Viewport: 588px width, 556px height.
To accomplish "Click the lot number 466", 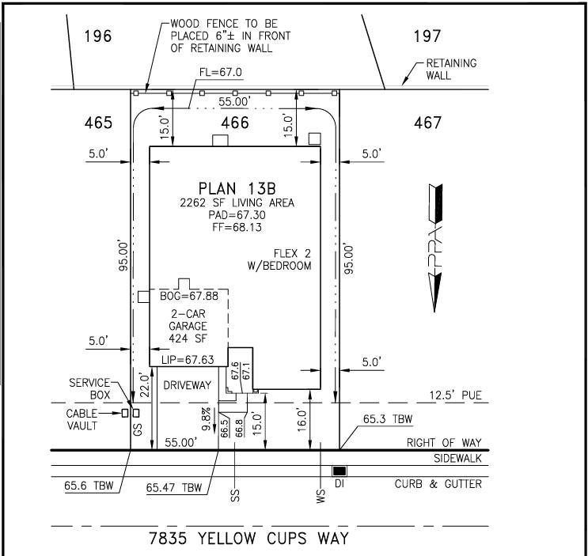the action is coord(235,123).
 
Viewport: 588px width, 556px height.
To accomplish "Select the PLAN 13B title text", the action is coord(237,188).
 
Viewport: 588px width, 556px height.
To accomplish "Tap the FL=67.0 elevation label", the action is coord(221,72).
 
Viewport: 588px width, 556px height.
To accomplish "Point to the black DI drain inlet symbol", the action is coord(340,471).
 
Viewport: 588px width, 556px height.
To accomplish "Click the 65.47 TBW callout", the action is coord(174,487).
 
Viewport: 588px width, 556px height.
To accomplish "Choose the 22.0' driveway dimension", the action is coord(145,385).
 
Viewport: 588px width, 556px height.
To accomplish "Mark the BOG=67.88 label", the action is coord(189,296).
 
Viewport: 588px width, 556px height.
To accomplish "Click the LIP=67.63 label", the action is coord(188,360).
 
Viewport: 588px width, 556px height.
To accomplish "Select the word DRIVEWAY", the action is coord(187,385).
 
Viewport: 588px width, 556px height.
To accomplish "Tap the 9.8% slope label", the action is coord(207,419).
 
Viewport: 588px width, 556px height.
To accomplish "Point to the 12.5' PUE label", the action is coord(455,395).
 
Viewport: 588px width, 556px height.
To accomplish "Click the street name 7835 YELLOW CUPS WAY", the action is coord(249,539).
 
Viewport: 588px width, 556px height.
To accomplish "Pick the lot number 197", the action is coord(427,36).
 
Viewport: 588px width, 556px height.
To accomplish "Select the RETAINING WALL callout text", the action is coord(451,69).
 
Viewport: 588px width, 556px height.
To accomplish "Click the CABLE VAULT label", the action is coord(82,419).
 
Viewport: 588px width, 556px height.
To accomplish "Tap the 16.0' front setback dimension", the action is coord(302,420).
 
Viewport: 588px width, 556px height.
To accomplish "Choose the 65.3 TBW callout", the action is coord(388,419).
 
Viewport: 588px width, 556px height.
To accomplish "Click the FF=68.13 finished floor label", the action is coord(237,228).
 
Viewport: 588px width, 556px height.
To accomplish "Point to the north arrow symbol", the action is coord(435,248).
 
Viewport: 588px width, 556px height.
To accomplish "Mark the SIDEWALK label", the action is coord(457,458).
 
